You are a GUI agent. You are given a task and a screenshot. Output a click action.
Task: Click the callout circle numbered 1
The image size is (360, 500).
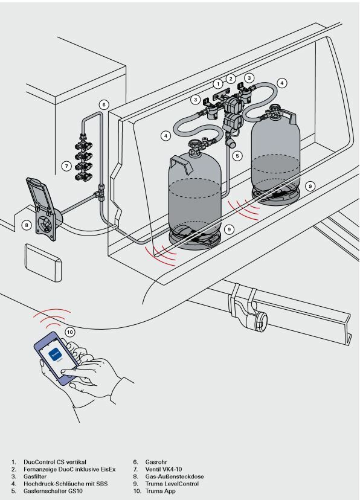click(x=218, y=84)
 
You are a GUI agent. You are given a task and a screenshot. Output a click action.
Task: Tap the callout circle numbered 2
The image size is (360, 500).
click(x=231, y=79)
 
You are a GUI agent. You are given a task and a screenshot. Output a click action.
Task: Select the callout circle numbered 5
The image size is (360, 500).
click(x=237, y=156)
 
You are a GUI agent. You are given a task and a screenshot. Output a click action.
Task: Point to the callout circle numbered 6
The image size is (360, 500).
click(x=104, y=104)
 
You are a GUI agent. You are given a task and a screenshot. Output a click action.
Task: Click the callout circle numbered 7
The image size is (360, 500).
click(x=66, y=166)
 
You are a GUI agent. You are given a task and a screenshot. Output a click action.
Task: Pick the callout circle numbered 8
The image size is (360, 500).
click(x=27, y=225)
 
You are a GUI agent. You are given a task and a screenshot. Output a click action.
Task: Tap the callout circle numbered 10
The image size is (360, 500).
click(x=70, y=332)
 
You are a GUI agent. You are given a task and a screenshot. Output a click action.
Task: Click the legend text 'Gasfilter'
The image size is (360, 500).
click(x=35, y=476)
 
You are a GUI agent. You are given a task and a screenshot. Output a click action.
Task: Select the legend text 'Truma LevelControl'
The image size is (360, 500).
click(x=172, y=484)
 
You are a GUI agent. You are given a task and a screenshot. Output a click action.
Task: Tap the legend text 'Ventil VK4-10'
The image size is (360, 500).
click(x=164, y=469)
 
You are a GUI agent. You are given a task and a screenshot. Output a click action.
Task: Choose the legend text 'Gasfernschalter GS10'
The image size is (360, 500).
click(x=53, y=491)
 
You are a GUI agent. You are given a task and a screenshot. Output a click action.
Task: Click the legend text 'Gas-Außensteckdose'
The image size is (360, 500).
click(x=175, y=476)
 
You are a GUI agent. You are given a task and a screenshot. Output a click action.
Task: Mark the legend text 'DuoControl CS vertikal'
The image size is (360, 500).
click(x=55, y=462)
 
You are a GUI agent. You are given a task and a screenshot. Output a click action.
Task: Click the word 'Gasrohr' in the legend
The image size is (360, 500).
click(x=156, y=462)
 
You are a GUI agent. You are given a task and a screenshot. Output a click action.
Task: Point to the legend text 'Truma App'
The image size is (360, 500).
click(x=161, y=491)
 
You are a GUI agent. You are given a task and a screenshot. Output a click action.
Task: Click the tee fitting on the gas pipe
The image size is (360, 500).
click(x=100, y=193)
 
